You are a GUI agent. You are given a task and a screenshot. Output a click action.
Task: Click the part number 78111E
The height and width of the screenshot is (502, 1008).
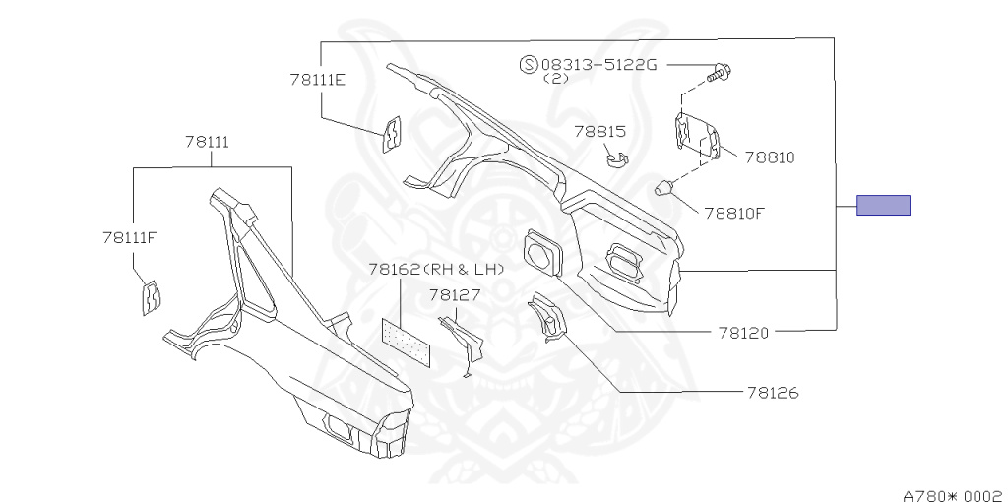coord(317,80)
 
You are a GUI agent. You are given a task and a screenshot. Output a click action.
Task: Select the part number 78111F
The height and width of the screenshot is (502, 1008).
coord(130,237)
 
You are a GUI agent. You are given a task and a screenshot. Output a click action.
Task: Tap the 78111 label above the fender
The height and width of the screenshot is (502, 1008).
coord(207,142)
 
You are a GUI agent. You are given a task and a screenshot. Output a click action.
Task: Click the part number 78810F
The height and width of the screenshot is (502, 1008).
coord(733,212)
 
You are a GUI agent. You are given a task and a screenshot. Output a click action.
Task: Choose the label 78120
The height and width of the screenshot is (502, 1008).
coord(743,333)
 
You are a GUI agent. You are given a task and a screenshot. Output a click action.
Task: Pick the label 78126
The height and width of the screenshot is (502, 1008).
coord(773,393)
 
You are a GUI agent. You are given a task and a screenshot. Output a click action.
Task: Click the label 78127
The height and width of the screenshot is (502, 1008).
coord(454,294)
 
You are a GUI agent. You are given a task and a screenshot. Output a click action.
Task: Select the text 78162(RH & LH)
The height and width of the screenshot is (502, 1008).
coord(436,269)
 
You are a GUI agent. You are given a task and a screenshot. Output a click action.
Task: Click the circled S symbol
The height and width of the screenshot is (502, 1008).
coord(528,65)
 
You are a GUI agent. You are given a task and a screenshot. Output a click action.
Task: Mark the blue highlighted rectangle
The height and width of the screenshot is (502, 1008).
coord(883,206)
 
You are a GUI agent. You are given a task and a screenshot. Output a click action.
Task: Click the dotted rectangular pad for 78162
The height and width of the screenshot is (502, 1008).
coord(406,340)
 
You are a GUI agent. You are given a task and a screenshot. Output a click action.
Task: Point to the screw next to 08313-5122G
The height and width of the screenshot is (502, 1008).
coord(722,71)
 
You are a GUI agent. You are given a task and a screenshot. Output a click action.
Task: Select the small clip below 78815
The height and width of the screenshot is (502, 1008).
coord(617,157)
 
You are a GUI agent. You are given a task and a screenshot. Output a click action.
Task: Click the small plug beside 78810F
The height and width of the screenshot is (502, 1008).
coord(665,187)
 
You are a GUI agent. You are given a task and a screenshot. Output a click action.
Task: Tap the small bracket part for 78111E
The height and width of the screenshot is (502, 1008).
coord(392,135)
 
